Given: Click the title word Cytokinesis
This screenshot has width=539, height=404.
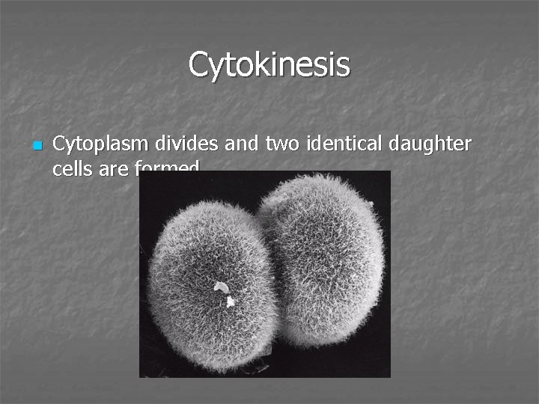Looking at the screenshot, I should click(269, 64).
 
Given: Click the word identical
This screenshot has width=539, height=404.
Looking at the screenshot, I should click(329, 143).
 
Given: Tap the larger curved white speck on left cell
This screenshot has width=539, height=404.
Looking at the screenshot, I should click(221, 287).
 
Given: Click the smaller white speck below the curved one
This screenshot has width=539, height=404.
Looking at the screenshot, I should click(231, 301).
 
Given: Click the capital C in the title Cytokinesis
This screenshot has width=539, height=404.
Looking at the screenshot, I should click(199, 64).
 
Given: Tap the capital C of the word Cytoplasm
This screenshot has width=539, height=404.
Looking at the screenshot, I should click(59, 143).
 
